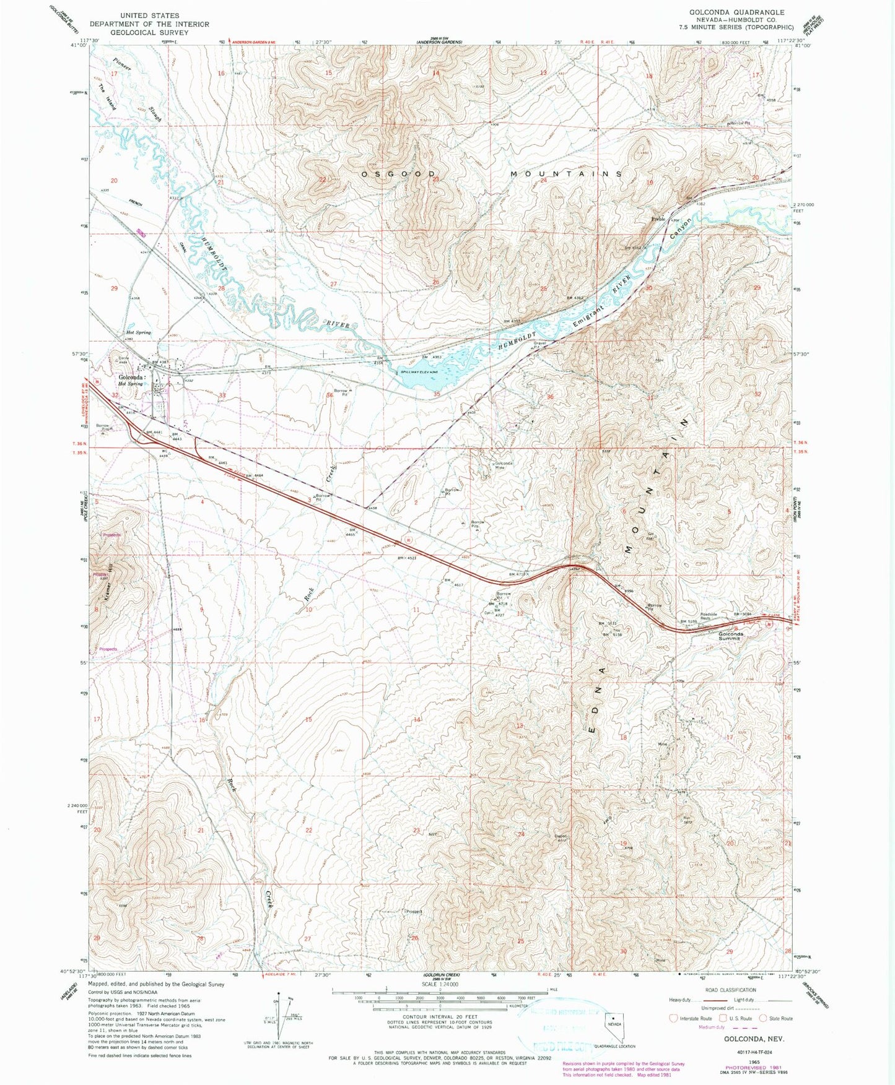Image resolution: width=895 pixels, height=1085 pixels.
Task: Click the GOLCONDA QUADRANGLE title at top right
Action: click(x=732, y=12)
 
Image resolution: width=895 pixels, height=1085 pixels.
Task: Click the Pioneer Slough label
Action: click(x=139, y=90)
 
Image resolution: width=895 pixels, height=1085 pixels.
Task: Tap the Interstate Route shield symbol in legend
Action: click(x=673, y=1018)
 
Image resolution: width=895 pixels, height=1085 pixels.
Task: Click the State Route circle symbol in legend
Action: click(x=762, y=1018)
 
